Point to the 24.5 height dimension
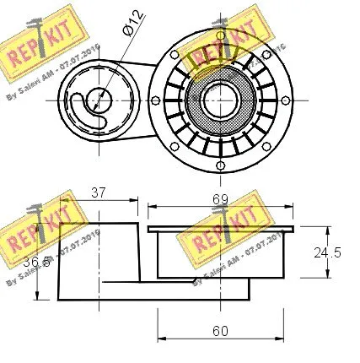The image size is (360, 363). point(327,252)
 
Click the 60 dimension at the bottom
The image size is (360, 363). point(222,332)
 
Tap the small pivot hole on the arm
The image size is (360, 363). point(98,99)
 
